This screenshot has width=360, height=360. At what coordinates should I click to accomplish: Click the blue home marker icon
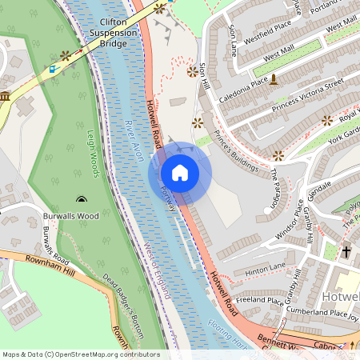(179, 173)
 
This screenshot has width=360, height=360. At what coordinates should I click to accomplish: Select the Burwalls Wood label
(70, 215)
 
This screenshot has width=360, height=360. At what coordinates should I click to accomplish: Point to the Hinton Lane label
(266, 267)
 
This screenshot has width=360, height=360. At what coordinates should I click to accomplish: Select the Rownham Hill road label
(40, 270)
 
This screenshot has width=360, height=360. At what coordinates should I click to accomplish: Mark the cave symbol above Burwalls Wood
(80, 198)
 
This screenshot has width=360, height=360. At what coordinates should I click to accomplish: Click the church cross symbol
(346, 252)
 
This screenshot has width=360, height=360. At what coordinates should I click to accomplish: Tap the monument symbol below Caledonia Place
(273, 79)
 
